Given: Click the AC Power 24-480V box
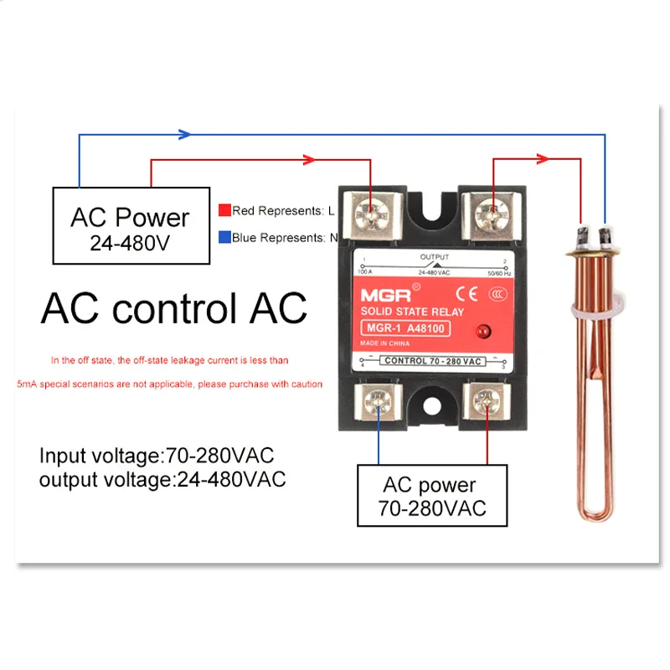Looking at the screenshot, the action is click(130, 226).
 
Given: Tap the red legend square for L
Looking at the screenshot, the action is click(224, 210).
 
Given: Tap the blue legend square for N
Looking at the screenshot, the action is click(224, 237).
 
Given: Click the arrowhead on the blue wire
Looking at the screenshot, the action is click(185, 134).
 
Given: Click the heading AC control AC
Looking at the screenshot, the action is click(173, 308).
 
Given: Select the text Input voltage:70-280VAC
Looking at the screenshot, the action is click(157, 456).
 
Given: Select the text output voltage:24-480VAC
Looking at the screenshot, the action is click(162, 479).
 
